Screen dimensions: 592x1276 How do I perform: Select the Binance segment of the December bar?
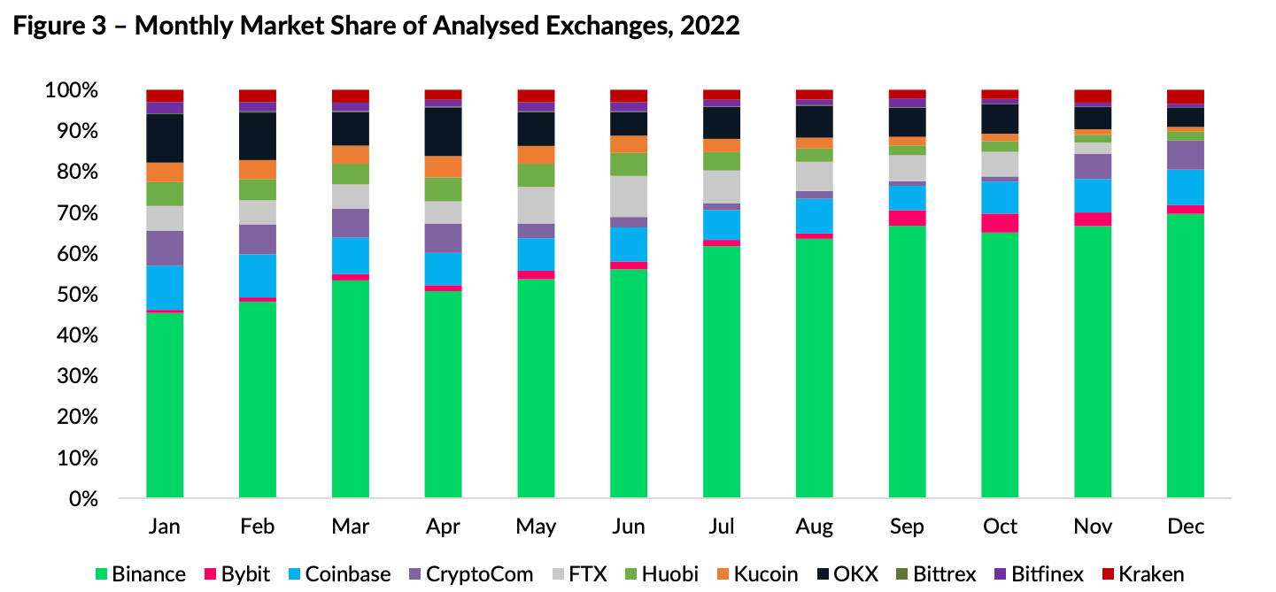[x=1185, y=355]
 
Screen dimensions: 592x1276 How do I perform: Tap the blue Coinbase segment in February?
[x=258, y=275]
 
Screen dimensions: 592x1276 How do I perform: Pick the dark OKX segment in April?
[x=443, y=131]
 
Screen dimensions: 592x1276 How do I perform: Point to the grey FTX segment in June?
[x=629, y=196]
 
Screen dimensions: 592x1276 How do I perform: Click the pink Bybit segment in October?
[x=1000, y=223]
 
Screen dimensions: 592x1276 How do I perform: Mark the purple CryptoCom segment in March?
[x=350, y=223]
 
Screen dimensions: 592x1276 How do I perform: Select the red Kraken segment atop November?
[x=1093, y=96]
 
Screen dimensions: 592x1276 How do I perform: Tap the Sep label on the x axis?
[x=907, y=527]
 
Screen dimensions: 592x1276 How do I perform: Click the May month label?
[x=536, y=527]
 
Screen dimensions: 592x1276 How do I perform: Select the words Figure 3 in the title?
[x=54, y=27]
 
